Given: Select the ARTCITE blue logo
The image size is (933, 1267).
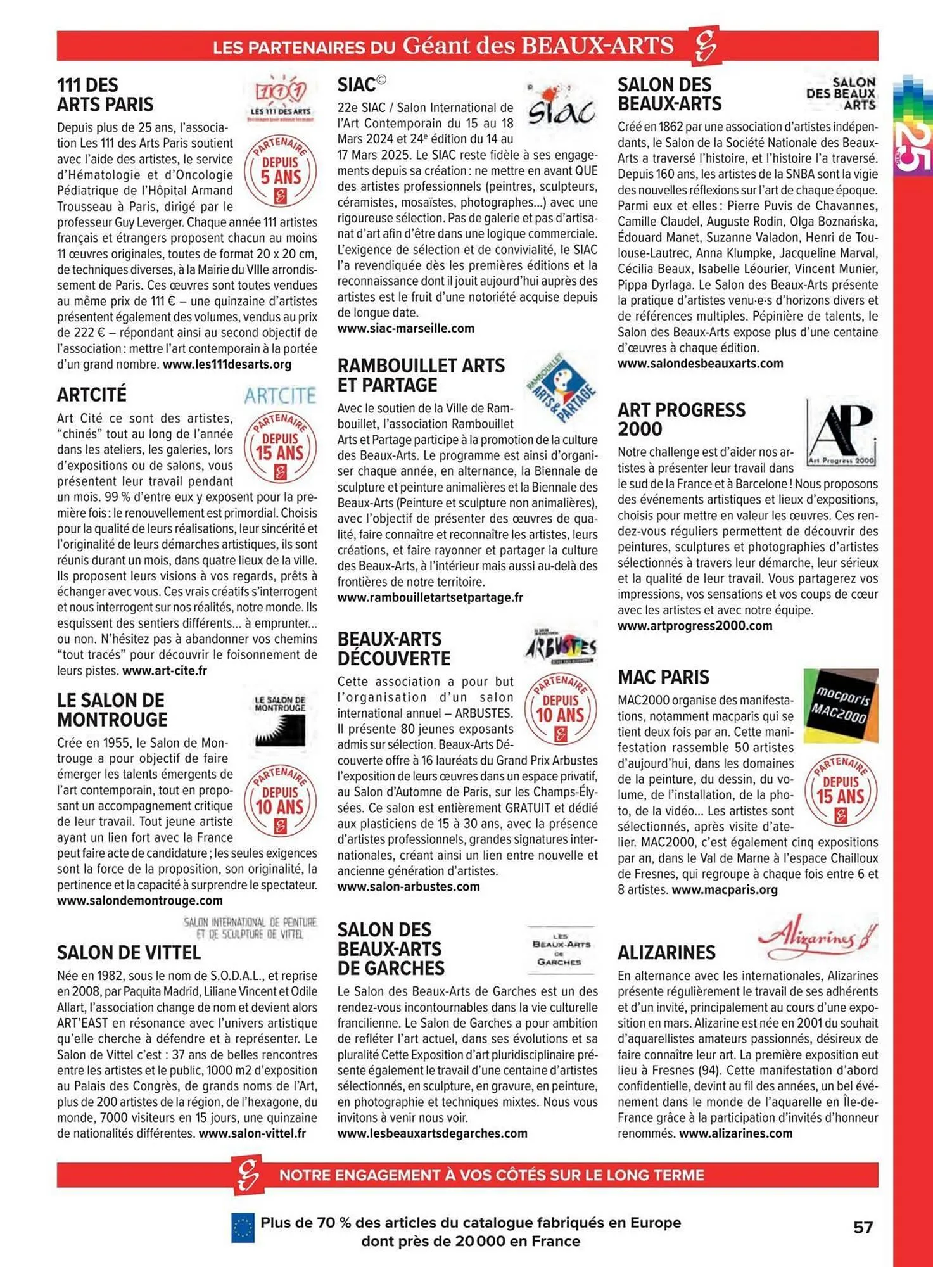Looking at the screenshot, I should pos(280,396).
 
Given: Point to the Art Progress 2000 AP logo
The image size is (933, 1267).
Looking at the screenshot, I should pos(842,433).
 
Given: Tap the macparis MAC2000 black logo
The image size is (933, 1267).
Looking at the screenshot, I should pos(841,704).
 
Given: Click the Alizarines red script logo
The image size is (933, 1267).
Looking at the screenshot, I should pos(816,936).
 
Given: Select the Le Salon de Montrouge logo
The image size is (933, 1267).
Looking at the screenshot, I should pos(280,722).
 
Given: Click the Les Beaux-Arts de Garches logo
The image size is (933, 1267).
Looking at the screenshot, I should pos(561,949).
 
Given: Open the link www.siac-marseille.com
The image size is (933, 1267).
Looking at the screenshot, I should pos(405,329).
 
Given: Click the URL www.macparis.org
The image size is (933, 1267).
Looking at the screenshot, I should pos(724,890).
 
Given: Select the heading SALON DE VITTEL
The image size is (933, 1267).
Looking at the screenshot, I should pos(129,953).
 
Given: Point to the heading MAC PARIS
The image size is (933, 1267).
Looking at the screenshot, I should pos(663,677).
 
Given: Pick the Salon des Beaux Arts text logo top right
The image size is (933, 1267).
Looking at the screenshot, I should pos(842,93).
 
